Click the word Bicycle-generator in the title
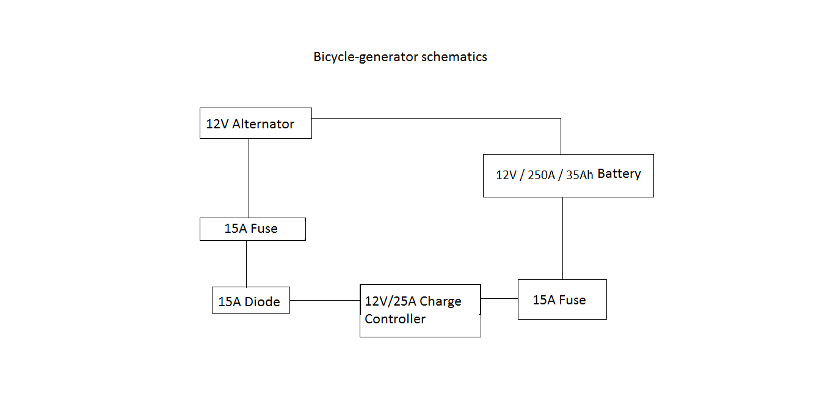coord(357,57)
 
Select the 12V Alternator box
coord(255,123)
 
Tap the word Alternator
coord(263,124)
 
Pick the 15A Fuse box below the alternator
coord(252,229)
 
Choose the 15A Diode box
coord(250,300)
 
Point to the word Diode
coord(263,302)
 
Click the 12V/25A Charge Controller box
coord(420,310)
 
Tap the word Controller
coord(395,319)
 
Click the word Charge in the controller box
coord(440,301)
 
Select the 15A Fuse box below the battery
coord(562,299)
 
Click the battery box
coord(568,175)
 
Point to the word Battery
coord(619,174)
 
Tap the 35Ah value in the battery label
coord(579,175)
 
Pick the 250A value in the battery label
coord(541,175)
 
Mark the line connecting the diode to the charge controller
coord(324,300)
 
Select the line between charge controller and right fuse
coord(499,298)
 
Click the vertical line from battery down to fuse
coord(562,238)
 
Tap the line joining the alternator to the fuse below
coord(249,178)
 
